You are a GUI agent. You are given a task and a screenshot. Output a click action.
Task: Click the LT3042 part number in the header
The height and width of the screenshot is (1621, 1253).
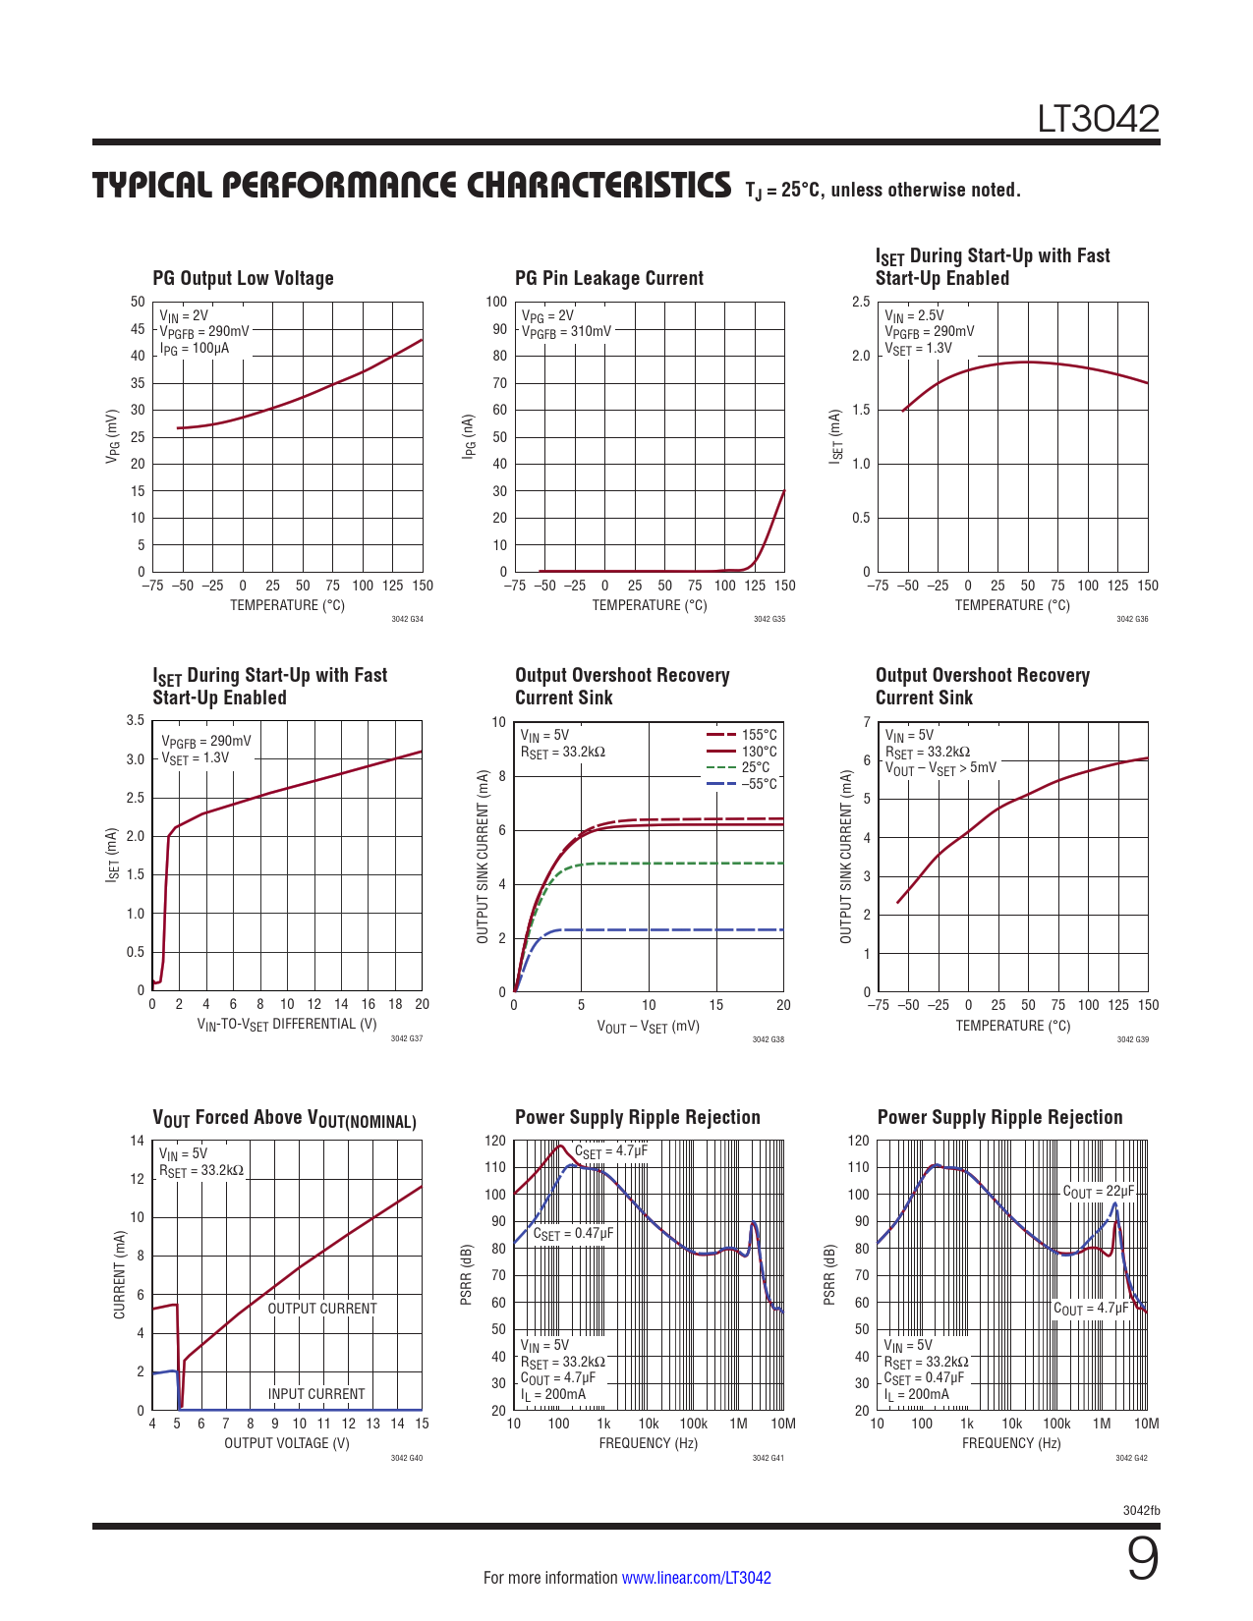[x=1099, y=119]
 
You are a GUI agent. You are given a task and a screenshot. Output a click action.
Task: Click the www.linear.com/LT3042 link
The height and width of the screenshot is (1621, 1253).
[x=696, y=1578]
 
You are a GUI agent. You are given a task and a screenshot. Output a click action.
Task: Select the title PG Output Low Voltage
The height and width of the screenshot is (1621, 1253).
[x=243, y=278]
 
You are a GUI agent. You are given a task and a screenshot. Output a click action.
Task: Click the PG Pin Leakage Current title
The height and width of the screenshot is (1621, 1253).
[x=608, y=278]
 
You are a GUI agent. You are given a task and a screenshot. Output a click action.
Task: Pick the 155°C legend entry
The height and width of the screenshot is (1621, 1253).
[x=758, y=735]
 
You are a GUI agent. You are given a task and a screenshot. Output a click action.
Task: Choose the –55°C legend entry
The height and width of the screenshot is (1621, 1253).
[x=758, y=784]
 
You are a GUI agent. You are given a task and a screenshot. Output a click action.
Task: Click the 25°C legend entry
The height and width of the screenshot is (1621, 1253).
[x=755, y=767]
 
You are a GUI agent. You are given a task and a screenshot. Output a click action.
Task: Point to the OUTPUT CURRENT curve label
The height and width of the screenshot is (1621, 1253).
[x=321, y=1309]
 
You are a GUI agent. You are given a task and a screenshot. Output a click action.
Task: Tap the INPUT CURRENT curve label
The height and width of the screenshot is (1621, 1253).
[x=315, y=1394]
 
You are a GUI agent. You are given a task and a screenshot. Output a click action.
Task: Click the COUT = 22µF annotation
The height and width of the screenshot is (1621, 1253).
[x=1098, y=1192]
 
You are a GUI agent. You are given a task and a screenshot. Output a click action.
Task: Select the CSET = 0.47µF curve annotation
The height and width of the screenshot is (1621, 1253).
[x=573, y=1234]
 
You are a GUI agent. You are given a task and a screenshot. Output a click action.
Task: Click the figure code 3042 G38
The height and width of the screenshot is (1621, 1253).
[x=768, y=1039]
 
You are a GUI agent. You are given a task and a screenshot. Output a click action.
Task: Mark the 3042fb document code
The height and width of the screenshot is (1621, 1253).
[x=1141, y=1510]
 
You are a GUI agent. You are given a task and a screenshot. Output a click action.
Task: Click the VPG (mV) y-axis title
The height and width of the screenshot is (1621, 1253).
[x=113, y=436]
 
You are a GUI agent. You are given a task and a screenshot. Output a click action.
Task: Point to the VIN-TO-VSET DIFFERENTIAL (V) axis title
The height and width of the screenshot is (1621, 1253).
[x=287, y=1025]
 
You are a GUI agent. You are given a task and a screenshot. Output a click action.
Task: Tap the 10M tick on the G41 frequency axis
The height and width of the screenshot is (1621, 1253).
[x=782, y=1424]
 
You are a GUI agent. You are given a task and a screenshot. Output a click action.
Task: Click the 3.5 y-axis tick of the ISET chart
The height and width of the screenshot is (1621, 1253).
[x=136, y=720]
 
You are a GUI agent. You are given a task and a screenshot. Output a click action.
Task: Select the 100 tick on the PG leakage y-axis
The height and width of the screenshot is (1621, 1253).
[x=496, y=302]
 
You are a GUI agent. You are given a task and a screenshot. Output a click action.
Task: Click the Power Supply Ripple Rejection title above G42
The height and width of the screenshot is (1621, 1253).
[x=999, y=1117]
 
